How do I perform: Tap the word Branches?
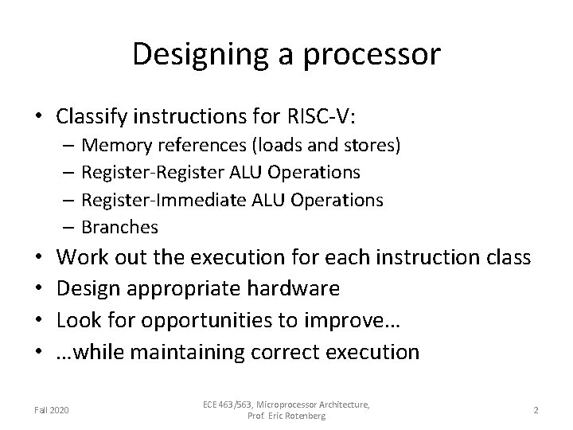119,227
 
